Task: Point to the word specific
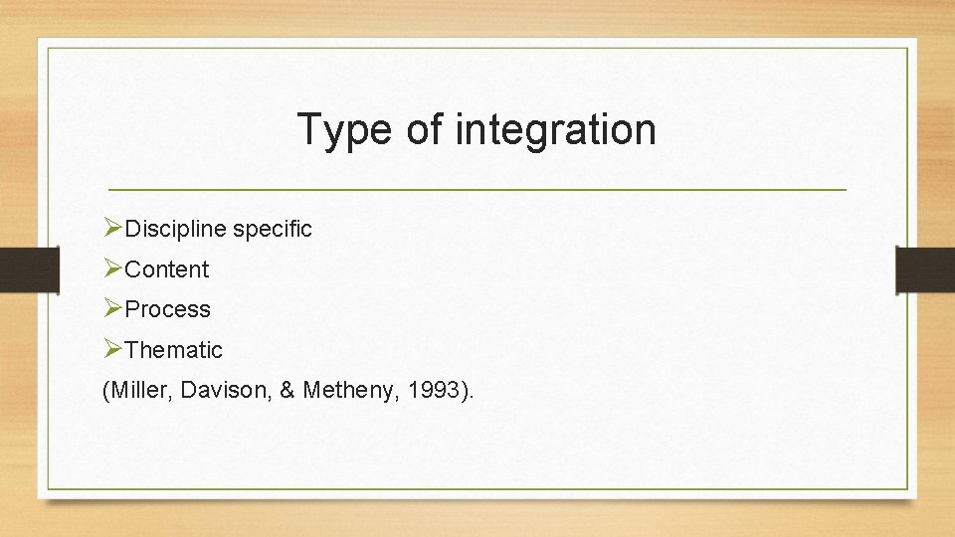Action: pyautogui.click(x=272, y=230)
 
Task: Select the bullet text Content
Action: pyautogui.click(x=167, y=269)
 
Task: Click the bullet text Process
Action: pyautogui.click(x=167, y=309)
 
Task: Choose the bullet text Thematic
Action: pyautogui.click(x=174, y=350)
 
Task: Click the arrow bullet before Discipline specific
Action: pyautogui.click(x=112, y=229)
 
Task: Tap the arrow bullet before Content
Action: pyautogui.click(x=112, y=268)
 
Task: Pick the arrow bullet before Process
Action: pyautogui.click(x=112, y=308)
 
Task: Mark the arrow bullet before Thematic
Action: pyautogui.click(x=112, y=349)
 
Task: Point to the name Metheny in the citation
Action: pyautogui.click(x=346, y=391)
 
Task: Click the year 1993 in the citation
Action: pyautogui.click(x=431, y=391)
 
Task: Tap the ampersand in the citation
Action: pyautogui.click(x=286, y=391)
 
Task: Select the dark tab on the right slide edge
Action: pyautogui.click(x=925, y=268)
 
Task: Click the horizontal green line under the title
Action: pyautogui.click(x=477, y=189)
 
